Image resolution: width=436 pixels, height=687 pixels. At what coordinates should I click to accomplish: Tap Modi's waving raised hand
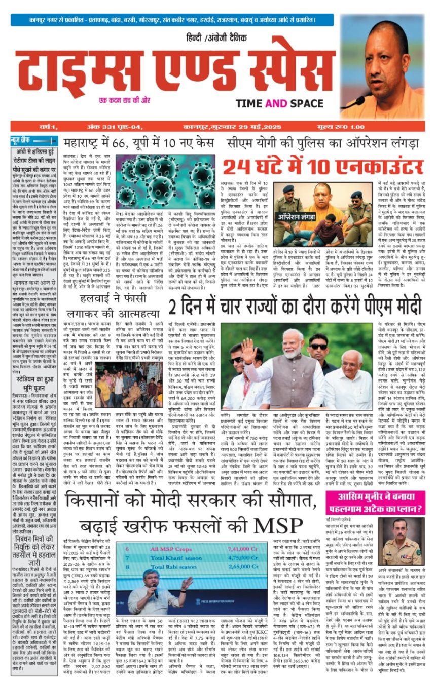pos(248,350)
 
